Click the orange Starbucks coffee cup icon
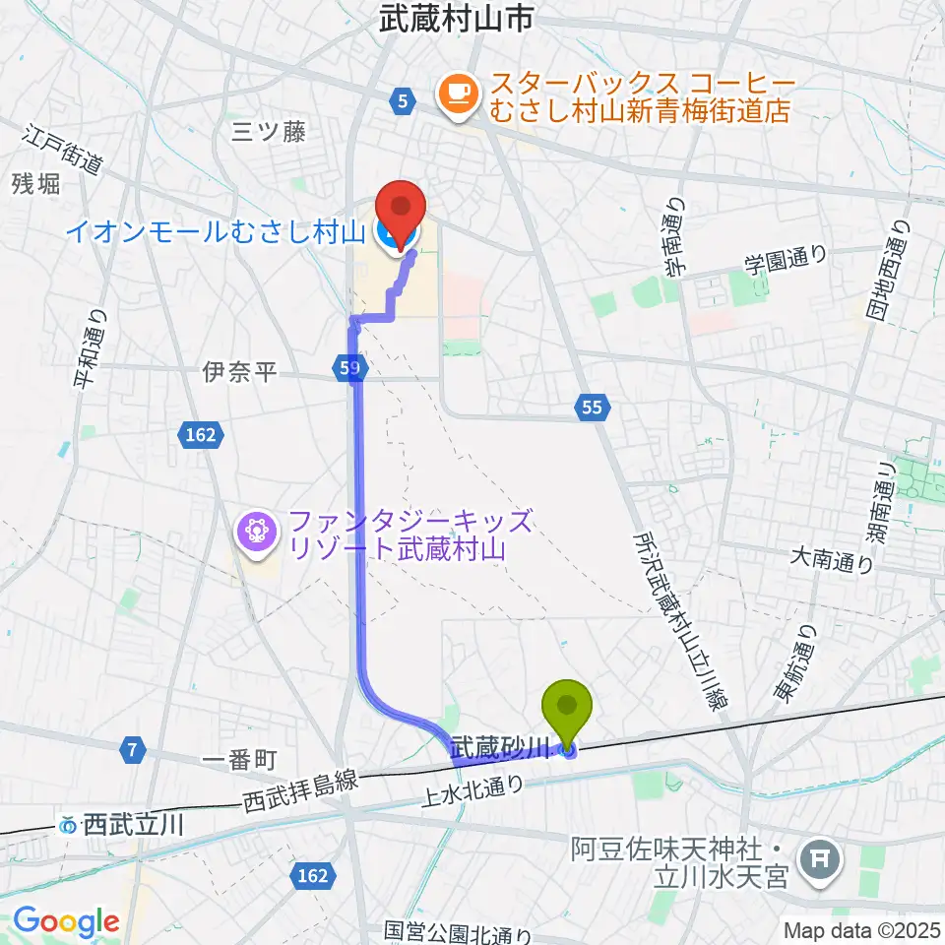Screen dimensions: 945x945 coord(456,93)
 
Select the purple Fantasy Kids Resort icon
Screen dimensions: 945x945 coord(256,532)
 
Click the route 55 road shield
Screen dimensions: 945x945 coord(592,406)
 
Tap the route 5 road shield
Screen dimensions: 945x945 coord(401,98)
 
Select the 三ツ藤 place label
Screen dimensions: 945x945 coord(268,132)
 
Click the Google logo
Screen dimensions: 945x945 coord(66,921)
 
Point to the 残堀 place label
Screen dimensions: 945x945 coord(36,183)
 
